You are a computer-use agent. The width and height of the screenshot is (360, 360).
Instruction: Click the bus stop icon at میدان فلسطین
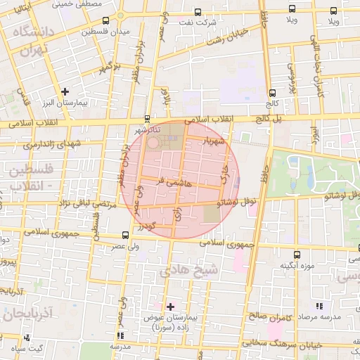[105, 20]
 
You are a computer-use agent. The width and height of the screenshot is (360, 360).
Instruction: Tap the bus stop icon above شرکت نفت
[198, 12]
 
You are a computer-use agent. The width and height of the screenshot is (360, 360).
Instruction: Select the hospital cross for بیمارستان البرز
[65, 91]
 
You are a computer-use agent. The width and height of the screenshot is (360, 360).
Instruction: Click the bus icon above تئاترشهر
[147, 118]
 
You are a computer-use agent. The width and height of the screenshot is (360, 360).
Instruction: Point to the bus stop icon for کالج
[271, 92]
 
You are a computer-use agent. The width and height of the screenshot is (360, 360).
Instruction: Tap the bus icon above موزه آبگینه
[296, 255]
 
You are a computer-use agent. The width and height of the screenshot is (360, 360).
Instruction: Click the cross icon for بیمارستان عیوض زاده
[170, 307]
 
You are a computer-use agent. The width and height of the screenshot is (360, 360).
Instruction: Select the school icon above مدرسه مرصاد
[320, 306]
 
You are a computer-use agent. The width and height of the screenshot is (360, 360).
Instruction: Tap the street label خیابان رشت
[233, 34]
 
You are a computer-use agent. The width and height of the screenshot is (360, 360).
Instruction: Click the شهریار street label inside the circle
[215, 141]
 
